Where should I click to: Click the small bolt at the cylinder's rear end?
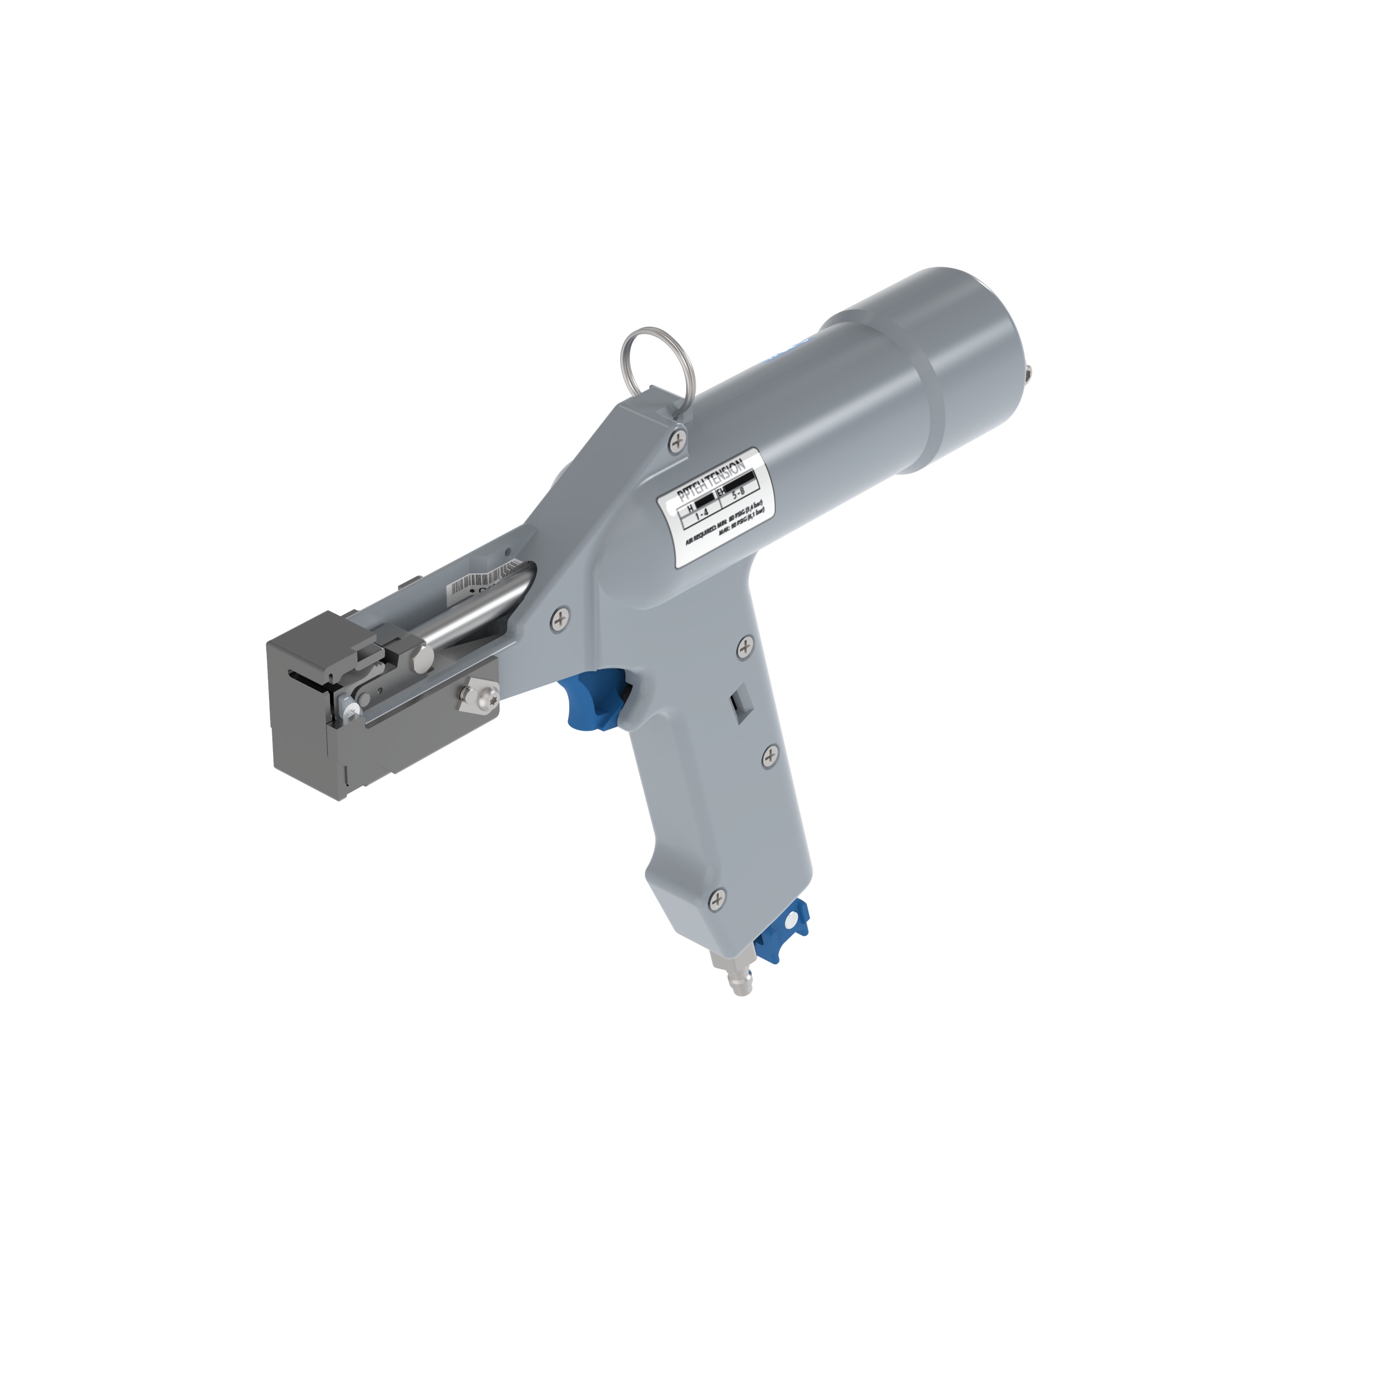tap(1030, 373)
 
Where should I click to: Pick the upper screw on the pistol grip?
tap(746, 647)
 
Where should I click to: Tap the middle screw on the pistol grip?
tap(770, 755)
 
